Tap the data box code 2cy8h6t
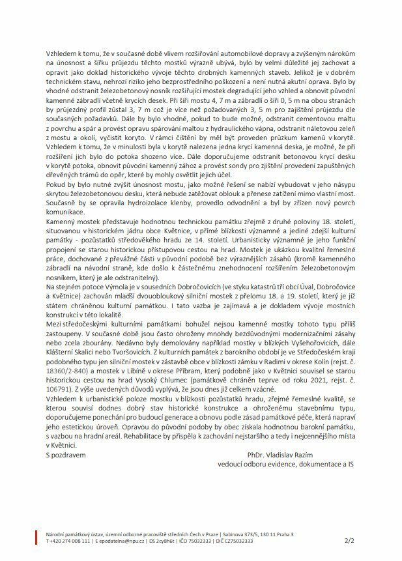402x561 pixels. click(169, 540)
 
